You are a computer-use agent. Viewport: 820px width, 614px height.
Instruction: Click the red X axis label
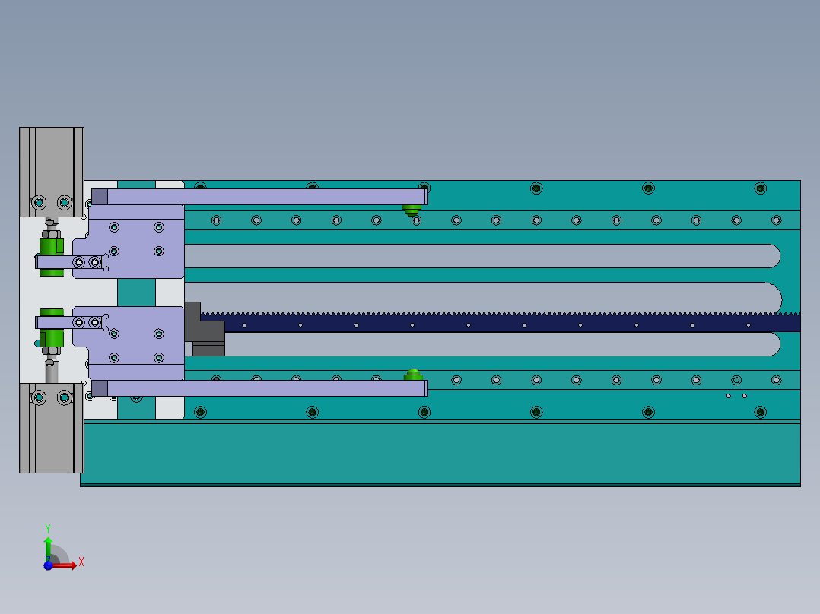pyautogui.click(x=81, y=562)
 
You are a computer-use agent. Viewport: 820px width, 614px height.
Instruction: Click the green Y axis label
pyautogui.click(x=47, y=527)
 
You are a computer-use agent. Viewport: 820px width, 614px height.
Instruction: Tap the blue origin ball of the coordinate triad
pyautogui.click(x=48, y=565)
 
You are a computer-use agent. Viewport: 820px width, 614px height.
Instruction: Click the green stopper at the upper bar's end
pyautogui.click(x=413, y=210)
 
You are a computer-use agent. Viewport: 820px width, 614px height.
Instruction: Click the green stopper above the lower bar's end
pyautogui.click(x=413, y=375)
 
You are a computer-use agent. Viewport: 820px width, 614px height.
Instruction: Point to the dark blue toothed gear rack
pyautogui.click(x=494, y=321)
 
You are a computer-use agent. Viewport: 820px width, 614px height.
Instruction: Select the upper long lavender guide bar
pyautogui.click(x=266, y=197)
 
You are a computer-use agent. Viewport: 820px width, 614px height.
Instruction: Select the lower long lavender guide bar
pyautogui.click(x=266, y=388)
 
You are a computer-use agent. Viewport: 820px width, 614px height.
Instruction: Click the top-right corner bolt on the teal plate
pyautogui.click(x=760, y=188)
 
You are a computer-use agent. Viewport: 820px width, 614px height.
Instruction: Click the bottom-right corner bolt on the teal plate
pyautogui.click(x=760, y=412)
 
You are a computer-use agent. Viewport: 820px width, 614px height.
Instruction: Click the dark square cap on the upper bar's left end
pyautogui.click(x=100, y=197)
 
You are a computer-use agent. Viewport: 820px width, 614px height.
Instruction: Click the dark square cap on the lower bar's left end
pyautogui.click(x=100, y=388)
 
